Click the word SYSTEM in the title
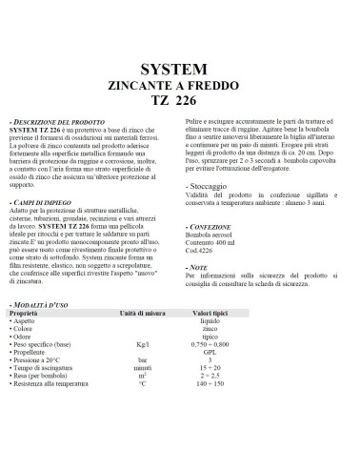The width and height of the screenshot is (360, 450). pyautogui.click(x=180, y=70)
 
